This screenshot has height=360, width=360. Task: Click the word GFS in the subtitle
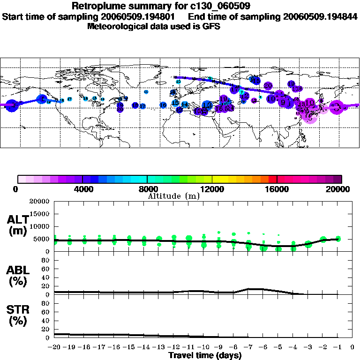click(211, 26)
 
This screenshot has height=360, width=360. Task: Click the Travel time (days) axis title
click(205, 355)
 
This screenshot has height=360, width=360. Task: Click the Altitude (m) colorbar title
click(173, 196)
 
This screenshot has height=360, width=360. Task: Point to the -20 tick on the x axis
click(55, 347)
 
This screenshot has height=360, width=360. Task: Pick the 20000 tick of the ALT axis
click(40, 202)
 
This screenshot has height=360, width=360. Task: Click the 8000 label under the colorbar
click(148, 189)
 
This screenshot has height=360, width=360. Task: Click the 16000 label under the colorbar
click(277, 189)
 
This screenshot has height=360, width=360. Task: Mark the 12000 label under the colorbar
click(212, 189)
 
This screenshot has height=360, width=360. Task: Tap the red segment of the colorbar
click(273, 179)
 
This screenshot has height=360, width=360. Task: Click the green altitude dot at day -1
click(338, 239)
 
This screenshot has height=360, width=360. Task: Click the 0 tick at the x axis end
click(352, 347)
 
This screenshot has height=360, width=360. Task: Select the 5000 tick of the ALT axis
click(43, 239)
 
